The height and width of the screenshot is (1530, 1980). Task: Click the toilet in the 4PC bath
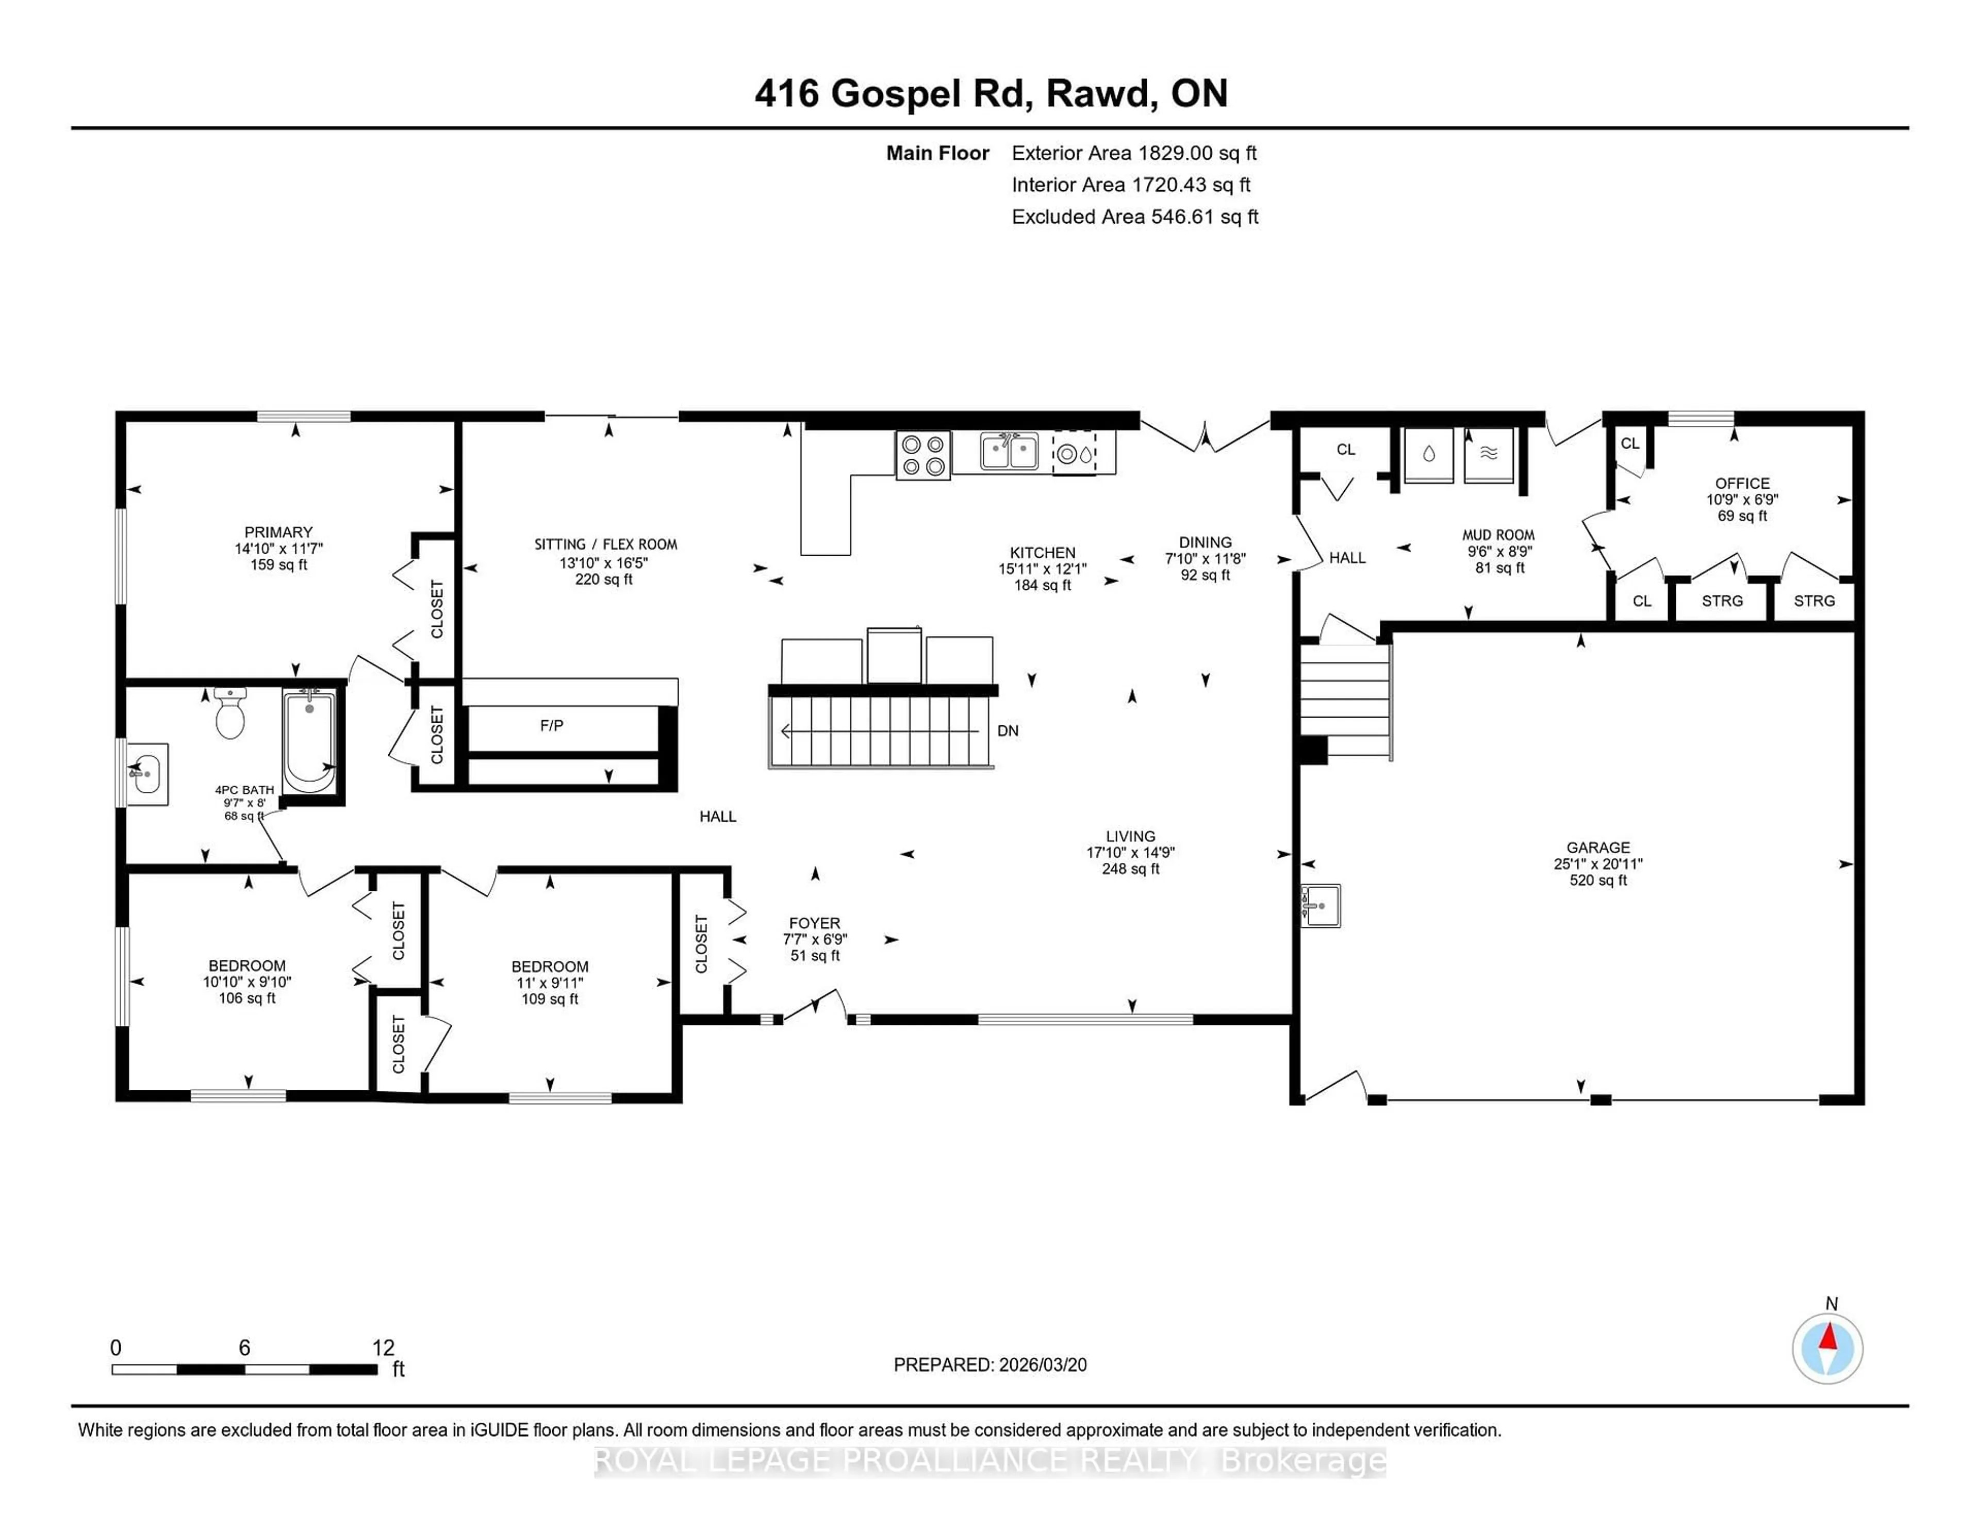coord(230,714)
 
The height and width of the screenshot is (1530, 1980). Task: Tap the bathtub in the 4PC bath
coord(309,741)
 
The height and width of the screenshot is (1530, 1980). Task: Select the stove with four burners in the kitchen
coord(923,455)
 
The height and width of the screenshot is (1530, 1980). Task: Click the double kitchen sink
coord(1009,452)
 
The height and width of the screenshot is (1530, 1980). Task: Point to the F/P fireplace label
coord(551,725)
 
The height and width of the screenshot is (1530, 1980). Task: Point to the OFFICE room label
coord(1742,483)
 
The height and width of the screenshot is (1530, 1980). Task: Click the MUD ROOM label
coord(1498,535)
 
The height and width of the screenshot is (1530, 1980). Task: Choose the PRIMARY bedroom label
coord(278,532)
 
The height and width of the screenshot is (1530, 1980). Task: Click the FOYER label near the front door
coord(814,923)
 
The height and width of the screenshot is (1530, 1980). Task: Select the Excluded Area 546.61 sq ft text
coord(1134,217)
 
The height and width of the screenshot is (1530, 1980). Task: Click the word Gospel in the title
coord(896,93)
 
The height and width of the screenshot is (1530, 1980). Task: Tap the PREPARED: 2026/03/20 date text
coord(990,1365)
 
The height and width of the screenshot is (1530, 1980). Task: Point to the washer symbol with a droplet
coord(1429,455)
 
